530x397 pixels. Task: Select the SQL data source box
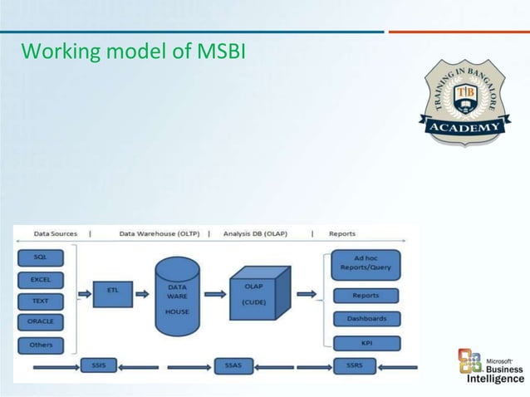(x=40, y=257)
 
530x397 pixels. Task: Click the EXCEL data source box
(x=40, y=279)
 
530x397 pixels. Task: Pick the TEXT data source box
(x=40, y=300)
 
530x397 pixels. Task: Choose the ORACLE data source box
(x=40, y=321)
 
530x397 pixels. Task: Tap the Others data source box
(x=40, y=344)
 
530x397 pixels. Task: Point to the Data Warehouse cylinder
(x=177, y=296)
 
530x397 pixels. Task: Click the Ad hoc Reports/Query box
(x=365, y=264)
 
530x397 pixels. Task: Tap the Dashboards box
(x=365, y=318)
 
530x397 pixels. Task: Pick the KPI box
(x=365, y=342)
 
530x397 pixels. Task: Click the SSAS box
(x=233, y=365)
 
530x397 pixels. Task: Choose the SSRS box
(x=354, y=365)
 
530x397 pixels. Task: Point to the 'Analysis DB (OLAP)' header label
(x=255, y=234)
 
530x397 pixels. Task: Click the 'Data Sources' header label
(x=55, y=234)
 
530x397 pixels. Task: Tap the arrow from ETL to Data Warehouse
(x=142, y=293)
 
